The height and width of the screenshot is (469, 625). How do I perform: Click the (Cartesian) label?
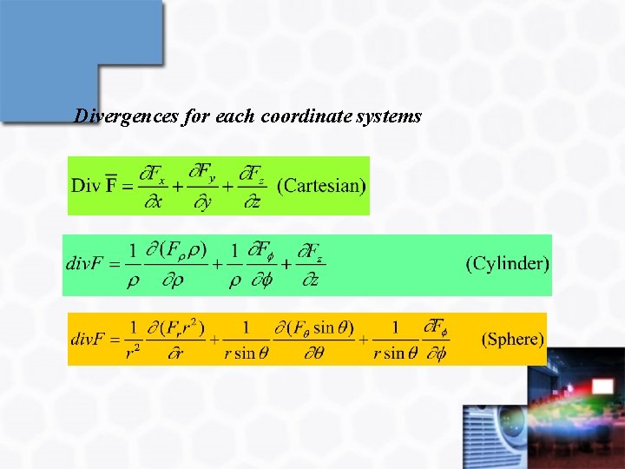(321, 185)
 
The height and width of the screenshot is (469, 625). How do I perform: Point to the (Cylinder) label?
(508, 263)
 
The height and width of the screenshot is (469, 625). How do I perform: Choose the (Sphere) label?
(513, 339)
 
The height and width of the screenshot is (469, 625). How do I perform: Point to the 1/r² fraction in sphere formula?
(133, 340)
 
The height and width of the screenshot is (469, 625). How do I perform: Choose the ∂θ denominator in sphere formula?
(314, 353)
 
